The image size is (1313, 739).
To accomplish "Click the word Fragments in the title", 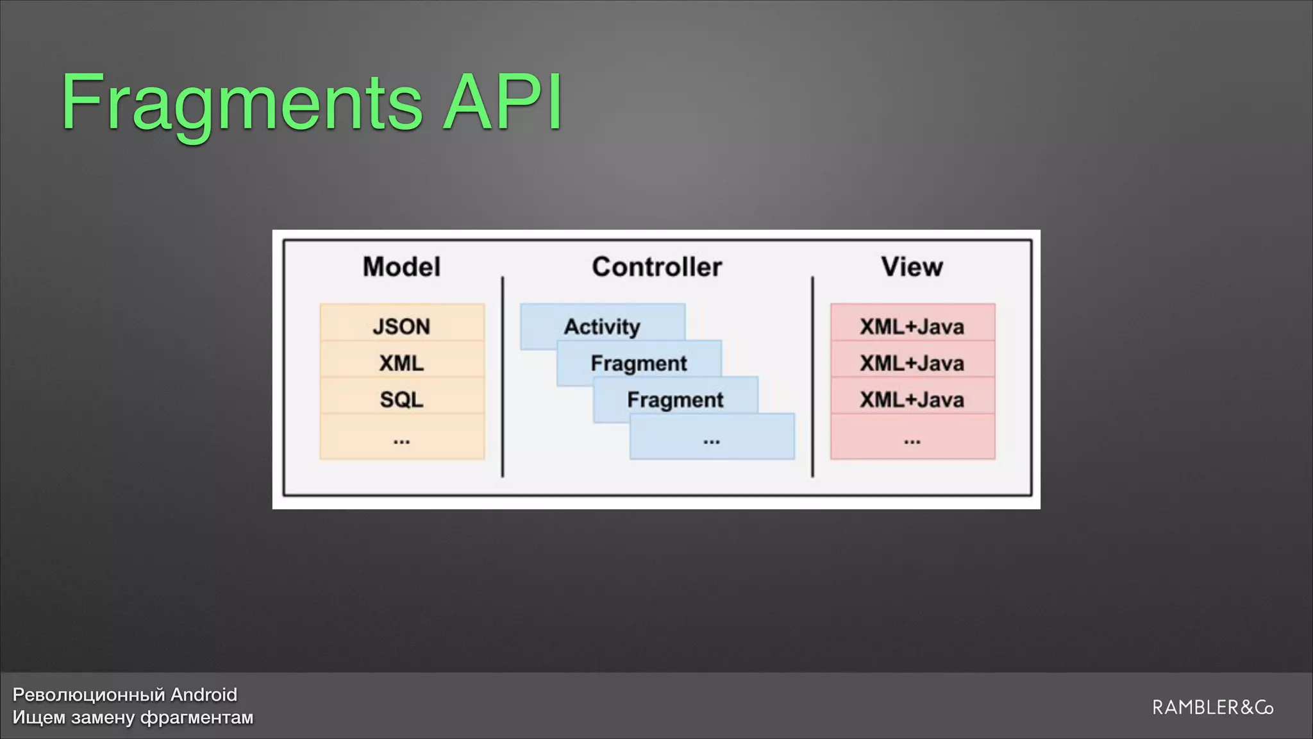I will click(242, 103).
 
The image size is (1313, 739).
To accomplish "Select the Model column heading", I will click(401, 267).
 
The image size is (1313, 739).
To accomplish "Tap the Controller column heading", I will click(656, 267).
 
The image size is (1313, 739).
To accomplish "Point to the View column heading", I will click(912, 267).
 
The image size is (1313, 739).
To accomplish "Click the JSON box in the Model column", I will click(401, 326).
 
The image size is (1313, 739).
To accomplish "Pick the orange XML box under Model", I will click(401, 363).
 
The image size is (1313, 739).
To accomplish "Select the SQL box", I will click(401, 400).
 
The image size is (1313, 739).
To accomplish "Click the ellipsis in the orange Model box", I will click(401, 441).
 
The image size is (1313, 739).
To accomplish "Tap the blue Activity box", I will click(602, 326).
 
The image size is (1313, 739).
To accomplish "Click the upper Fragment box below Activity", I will click(639, 363).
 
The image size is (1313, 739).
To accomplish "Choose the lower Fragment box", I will click(675, 400).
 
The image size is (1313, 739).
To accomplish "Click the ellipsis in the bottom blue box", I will click(712, 441).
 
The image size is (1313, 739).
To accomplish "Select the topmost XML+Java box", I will click(912, 326).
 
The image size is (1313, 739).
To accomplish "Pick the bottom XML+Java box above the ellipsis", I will click(912, 400).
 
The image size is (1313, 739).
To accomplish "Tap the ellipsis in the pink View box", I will click(912, 441).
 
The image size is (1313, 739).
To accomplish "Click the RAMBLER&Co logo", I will click(1212, 708).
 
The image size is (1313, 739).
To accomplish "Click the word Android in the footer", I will click(204, 695).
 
